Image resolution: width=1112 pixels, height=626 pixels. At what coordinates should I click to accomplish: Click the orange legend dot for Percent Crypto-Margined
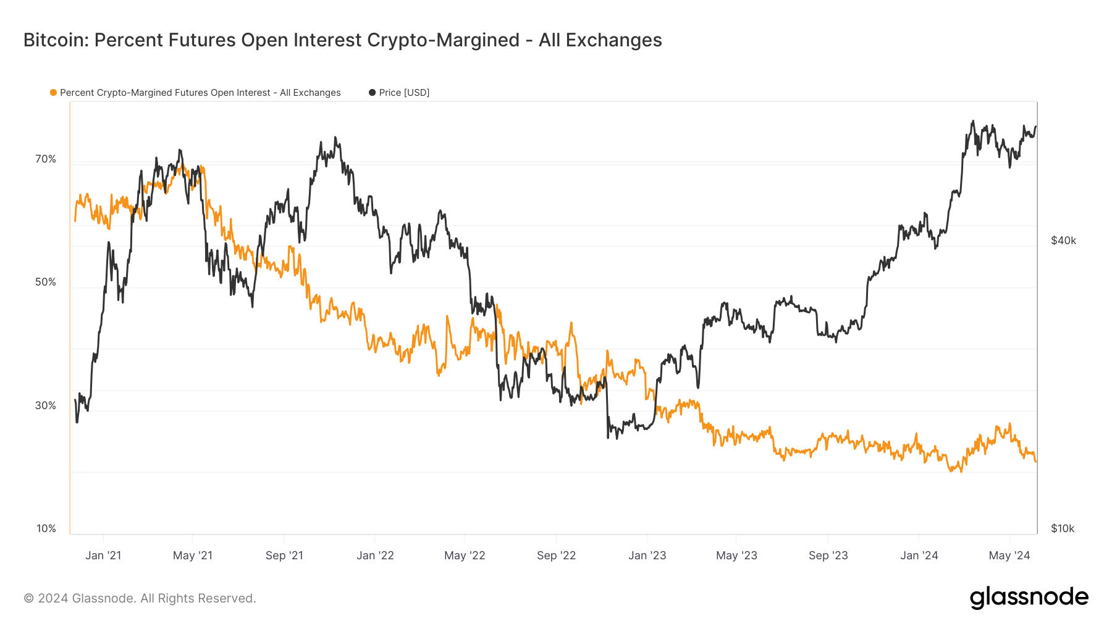coord(54,93)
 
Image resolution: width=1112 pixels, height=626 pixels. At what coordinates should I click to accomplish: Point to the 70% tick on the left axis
coord(46,159)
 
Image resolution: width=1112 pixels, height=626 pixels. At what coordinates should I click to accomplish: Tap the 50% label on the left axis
coord(46,282)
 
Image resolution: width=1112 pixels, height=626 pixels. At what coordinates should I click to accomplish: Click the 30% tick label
coord(46,406)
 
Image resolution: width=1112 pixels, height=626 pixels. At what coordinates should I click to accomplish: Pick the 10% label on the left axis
coord(46,529)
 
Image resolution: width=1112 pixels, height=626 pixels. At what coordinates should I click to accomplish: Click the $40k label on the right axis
coord(1063,241)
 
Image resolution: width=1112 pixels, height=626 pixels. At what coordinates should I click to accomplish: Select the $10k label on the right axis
coord(1063,529)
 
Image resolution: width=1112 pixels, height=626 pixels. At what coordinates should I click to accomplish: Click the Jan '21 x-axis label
coord(103,556)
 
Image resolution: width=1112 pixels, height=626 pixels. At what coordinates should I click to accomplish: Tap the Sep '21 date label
coord(284,556)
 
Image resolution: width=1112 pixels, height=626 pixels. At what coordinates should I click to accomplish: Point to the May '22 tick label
coord(465,556)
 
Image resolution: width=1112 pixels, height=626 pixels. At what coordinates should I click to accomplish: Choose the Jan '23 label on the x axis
coord(647,556)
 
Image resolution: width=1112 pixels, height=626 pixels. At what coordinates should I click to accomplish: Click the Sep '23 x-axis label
coord(828,556)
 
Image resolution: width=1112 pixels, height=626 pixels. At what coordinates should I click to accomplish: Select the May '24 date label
coord(1009,556)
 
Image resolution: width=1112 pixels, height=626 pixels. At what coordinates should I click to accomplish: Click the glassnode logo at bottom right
coord(1029,598)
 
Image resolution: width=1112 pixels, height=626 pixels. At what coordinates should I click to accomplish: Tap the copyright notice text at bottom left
coord(140,598)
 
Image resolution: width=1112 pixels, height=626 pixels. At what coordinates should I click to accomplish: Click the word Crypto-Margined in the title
coord(443,40)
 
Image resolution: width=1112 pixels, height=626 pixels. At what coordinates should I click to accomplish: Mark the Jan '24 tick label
coord(919,556)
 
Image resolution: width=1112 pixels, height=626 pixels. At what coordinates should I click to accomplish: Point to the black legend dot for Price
coord(373,93)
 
